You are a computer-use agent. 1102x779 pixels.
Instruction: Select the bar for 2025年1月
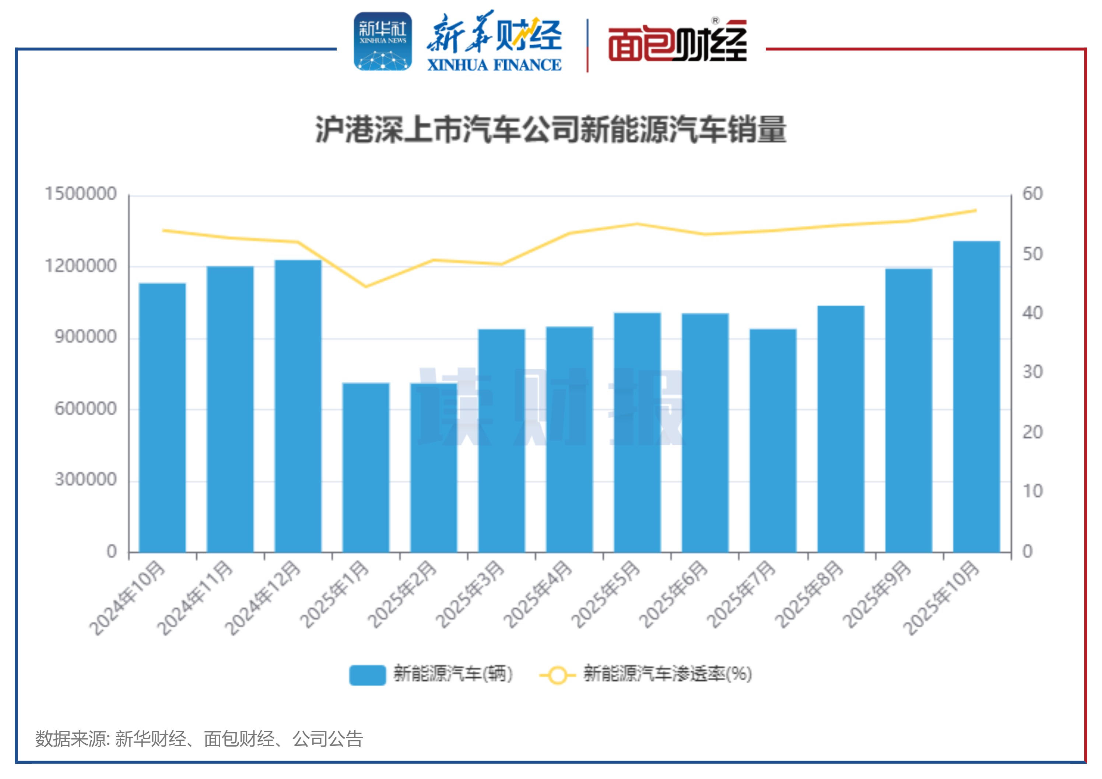pyautogui.click(x=366, y=468)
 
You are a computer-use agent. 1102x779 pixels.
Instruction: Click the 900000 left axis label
pyautogui.click(x=85, y=337)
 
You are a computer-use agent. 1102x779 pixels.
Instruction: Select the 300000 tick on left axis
pyautogui.click(x=85, y=480)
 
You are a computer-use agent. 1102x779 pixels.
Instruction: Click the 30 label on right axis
pyautogui.click(x=1032, y=372)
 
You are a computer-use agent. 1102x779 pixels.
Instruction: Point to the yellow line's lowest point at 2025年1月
pyautogui.click(x=366, y=287)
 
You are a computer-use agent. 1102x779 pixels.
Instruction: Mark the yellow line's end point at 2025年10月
pyautogui.click(x=976, y=211)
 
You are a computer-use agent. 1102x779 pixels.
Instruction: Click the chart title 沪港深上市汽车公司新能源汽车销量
pyautogui.click(x=551, y=130)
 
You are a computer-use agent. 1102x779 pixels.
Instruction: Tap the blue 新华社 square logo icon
pyautogui.click(x=383, y=42)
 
